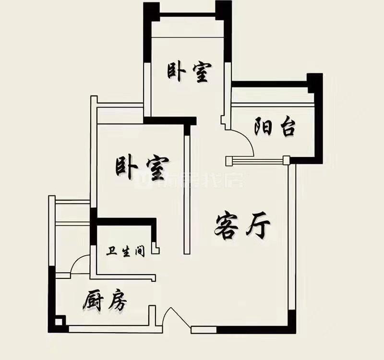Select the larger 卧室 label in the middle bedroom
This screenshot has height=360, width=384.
142,168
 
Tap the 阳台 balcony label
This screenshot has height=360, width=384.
274,128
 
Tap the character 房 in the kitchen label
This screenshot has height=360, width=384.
117,301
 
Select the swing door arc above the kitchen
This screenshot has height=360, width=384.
79,264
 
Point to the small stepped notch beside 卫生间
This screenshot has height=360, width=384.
156,248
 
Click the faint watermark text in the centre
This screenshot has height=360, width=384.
192,180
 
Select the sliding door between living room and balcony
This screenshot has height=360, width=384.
257,159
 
